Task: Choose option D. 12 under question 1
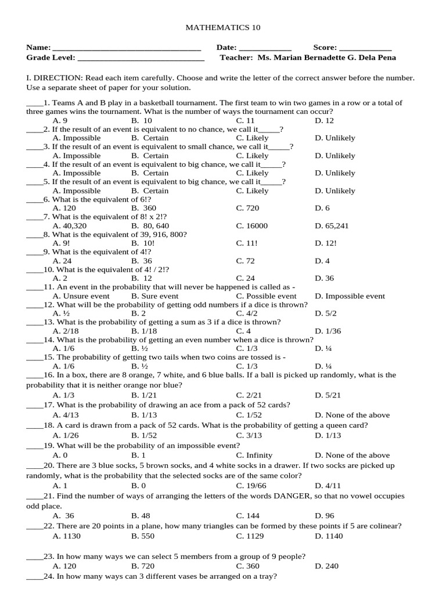click(x=324, y=120)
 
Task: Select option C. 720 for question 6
click(x=247, y=208)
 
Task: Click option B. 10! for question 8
click(x=143, y=243)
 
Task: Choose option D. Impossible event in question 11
click(x=350, y=296)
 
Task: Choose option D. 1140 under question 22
click(x=329, y=536)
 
